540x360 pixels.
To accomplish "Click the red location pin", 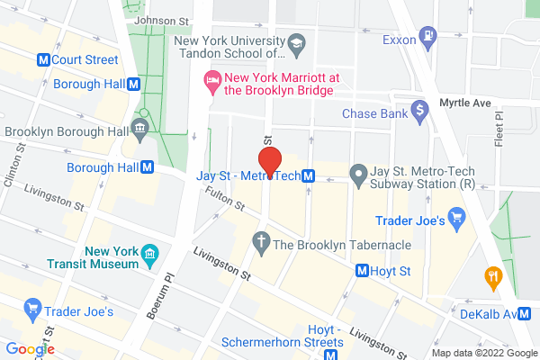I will coord(270,166).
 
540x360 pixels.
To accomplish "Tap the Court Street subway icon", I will coord(41,60).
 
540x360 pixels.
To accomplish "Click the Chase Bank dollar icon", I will coord(418,113).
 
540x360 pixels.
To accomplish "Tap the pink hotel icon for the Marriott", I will coord(212,81).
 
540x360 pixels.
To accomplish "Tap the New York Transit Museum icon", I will coord(150,255).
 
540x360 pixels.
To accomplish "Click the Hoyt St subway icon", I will coord(363,269).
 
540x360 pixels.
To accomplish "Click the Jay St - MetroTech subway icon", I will coord(309,175).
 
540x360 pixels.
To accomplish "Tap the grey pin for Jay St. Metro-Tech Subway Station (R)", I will coord(357,173).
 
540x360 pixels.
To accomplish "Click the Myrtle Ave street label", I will coord(465,103).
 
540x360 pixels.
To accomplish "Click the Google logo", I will coord(30,349).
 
